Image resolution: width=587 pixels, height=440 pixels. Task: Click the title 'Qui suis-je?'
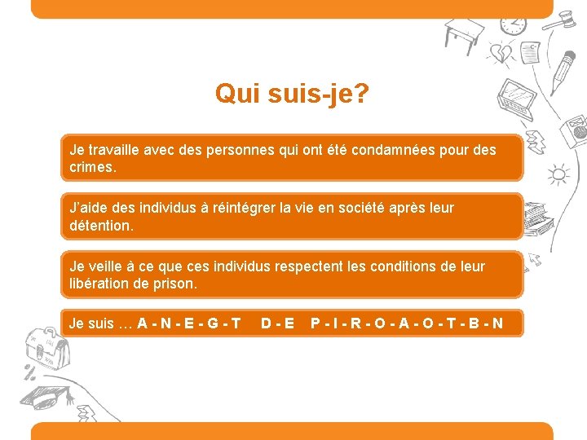292,94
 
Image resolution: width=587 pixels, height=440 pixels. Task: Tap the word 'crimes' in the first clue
92,166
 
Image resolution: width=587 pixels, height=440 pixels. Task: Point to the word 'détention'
99,225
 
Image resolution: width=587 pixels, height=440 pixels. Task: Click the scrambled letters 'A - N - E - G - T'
188,323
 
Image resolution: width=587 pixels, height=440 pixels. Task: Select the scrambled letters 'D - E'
278,323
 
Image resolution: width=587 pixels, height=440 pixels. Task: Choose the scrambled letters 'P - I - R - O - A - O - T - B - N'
406,323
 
